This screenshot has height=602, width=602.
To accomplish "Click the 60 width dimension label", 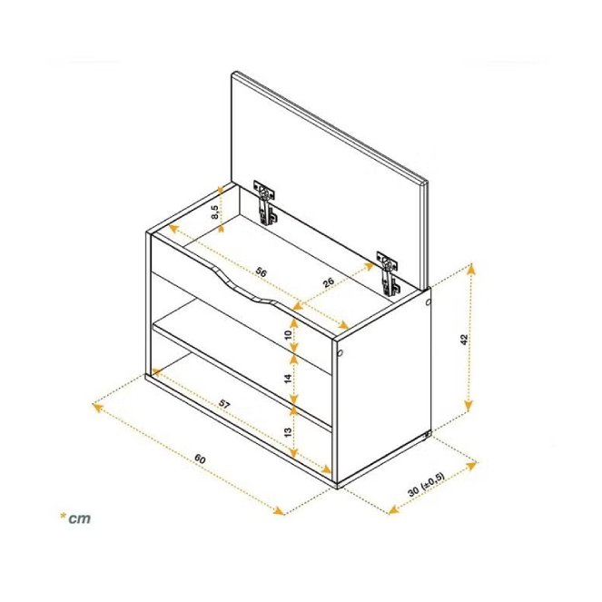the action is pyautogui.click(x=200, y=459).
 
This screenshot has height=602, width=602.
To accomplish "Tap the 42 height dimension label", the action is pyautogui.click(x=464, y=340).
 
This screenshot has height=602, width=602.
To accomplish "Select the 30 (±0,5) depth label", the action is pyautogui.click(x=426, y=485).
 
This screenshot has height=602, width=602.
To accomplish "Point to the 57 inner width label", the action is pyautogui.click(x=224, y=403).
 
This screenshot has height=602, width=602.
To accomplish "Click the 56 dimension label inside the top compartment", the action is pyautogui.click(x=261, y=271).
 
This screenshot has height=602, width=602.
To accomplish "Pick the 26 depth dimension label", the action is pyautogui.click(x=329, y=283).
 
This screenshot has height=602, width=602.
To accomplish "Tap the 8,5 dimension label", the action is pyautogui.click(x=215, y=212).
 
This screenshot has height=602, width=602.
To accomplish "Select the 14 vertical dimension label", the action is pyautogui.click(x=289, y=378).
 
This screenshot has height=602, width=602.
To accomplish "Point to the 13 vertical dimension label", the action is pyautogui.click(x=289, y=431).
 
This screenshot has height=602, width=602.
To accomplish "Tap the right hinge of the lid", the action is pyautogui.click(x=389, y=274).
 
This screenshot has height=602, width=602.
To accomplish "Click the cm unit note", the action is pyautogui.click(x=80, y=518).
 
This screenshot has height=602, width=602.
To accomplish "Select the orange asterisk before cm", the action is pyautogui.click(x=62, y=516).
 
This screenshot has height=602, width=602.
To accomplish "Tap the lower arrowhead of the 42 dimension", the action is pyautogui.click(x=468, y=406).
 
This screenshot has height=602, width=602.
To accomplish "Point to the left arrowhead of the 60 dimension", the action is pyautogui.click(x=98, y=408).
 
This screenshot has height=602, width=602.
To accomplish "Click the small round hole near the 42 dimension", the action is pyautogui.click(x=428, y=302).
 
